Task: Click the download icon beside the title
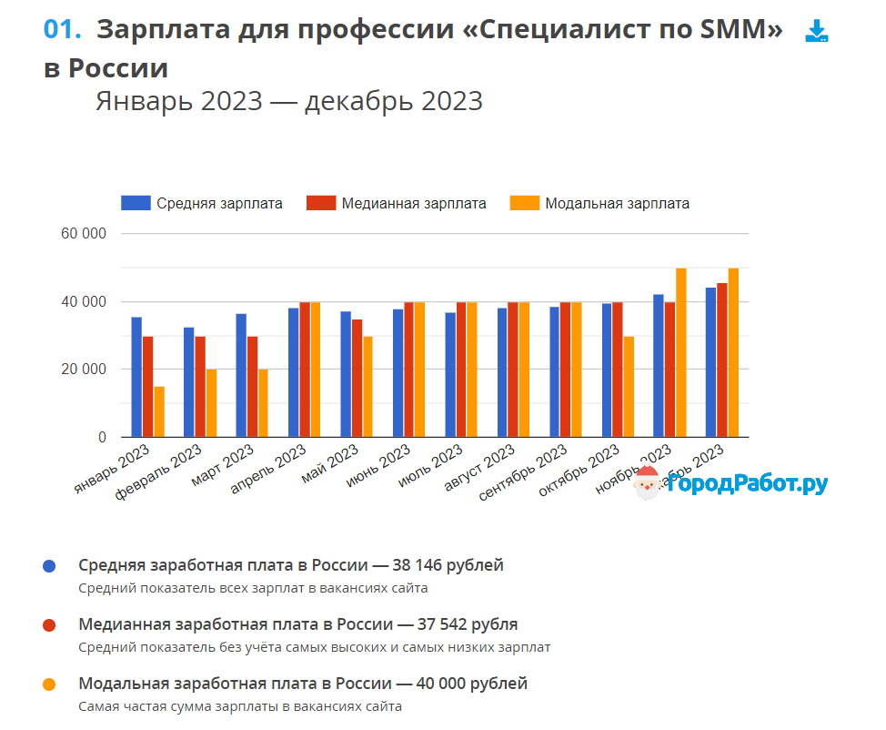point(816,32)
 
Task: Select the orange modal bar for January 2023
point(159,411)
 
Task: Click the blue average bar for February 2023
point(188,382)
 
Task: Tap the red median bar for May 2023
point(357,378)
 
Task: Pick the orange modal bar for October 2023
point(629,387)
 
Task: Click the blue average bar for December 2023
point(711,362)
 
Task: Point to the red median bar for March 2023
point(252,387)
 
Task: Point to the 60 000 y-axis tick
point(84,234)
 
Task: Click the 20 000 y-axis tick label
point(84,370)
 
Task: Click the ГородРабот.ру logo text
point(746,483)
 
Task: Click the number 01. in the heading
point(63,29)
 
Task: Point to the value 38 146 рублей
point(452,565)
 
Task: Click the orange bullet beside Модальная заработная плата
point(49,684)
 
